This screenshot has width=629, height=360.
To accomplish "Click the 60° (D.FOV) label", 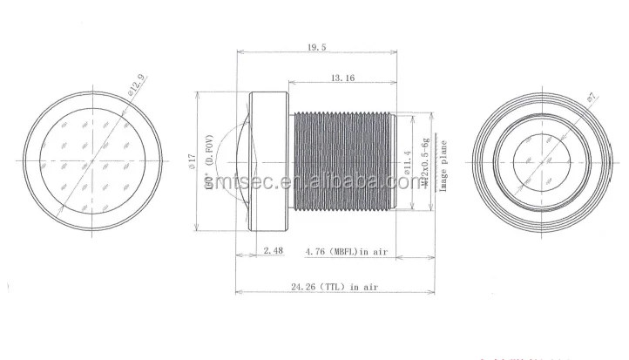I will tap(209, 166).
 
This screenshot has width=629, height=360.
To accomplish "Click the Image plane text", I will tap(443, 166).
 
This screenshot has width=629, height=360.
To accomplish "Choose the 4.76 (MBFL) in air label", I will tap(346, 252).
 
